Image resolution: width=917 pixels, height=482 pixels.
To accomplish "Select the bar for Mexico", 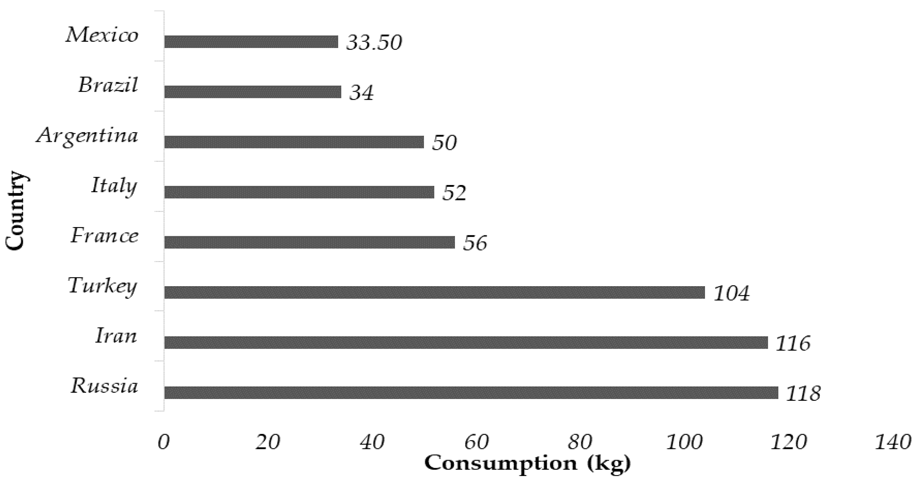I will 251,42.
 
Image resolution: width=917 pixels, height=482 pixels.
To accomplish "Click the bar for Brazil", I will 253,92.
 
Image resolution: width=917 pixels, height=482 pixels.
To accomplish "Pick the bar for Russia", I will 471,393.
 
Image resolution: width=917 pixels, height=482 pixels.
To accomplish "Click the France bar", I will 309,242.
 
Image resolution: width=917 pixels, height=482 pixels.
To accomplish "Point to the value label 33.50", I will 374,43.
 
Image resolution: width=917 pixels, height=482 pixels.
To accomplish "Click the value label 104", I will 731,294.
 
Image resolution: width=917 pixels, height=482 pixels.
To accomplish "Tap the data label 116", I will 793,344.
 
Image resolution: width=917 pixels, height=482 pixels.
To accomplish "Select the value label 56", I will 475,244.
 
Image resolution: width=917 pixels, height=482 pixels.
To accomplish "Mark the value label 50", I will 444,143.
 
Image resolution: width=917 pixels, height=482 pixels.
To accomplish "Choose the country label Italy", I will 114,186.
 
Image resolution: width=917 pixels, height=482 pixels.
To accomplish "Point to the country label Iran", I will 116,336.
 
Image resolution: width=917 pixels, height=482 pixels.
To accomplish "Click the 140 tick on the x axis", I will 893,443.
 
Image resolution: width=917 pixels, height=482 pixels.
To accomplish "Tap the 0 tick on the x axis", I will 164,443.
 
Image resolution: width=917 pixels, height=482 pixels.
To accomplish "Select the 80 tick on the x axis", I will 580,443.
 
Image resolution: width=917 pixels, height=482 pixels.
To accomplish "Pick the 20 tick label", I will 268,443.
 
